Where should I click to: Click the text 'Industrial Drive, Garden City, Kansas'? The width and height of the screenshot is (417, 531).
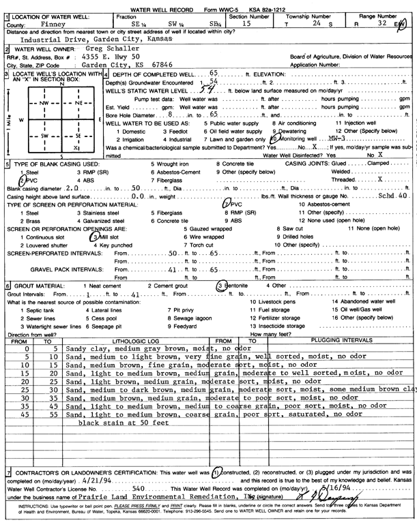[x=94, y=40]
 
